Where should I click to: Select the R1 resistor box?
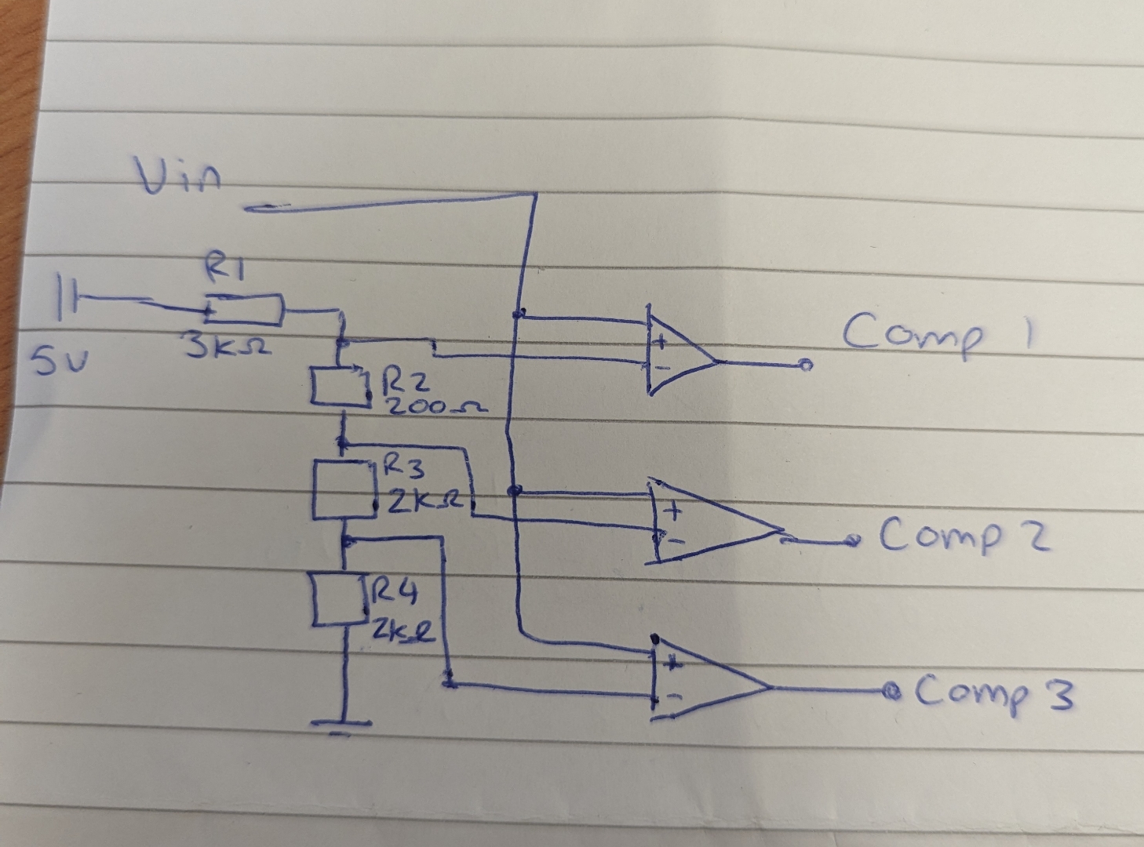(x=244, y=309)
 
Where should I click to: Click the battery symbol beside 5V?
(x=67, y=296)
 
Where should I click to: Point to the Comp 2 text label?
(x=964, y=536)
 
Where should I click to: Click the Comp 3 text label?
(x=993, y=693)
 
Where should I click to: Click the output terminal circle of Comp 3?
(x=890, y=691)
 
